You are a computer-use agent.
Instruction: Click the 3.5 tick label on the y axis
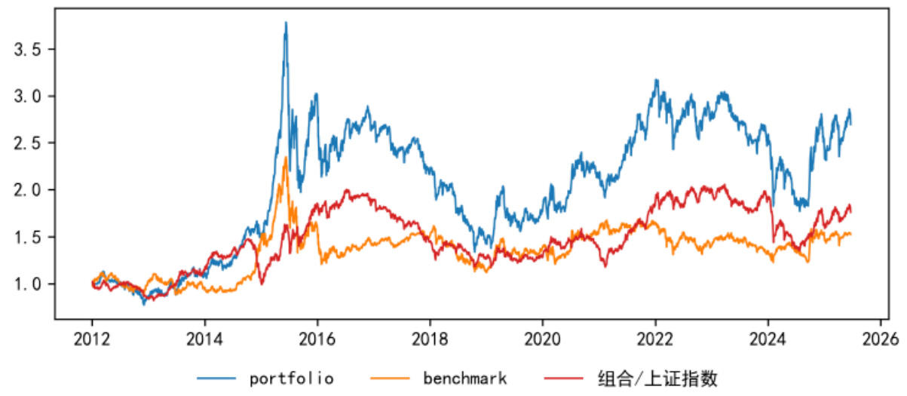click(30, 49)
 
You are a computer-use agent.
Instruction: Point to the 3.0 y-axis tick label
click(30, 96)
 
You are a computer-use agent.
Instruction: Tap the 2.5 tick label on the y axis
click(30, 143)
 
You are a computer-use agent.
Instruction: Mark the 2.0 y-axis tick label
click(30, 190)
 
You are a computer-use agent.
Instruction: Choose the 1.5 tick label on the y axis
click(30, 237)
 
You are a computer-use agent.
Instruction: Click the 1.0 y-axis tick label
click(30, 284)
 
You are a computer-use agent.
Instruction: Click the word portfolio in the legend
click(292, 378)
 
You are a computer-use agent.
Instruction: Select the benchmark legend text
click(464, 378)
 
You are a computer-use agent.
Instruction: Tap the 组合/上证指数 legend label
click(656, 378)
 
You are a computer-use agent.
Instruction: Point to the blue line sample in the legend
click(216, 378)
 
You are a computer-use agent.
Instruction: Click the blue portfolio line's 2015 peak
click(286, 23)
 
